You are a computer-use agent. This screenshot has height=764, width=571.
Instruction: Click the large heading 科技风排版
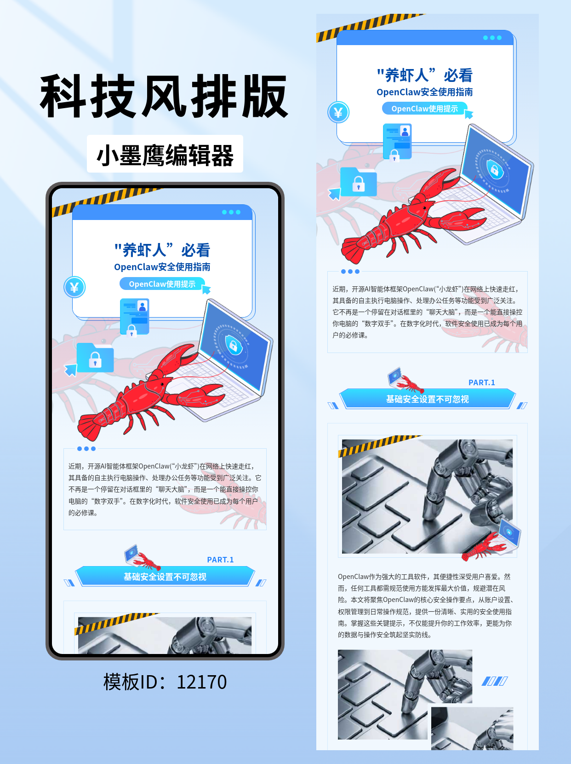pos(164,97)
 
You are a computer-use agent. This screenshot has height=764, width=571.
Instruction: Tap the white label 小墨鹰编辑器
pos(165,155)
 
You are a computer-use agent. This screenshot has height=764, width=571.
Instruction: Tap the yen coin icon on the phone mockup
pos(74,288)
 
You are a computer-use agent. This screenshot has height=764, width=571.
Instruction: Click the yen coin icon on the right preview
pos(338,112)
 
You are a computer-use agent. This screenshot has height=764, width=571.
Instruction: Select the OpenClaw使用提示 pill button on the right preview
pos(424,109)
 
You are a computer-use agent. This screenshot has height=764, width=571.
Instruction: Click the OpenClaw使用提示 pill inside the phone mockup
pos(162,284)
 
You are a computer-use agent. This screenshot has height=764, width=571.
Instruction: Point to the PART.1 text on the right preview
pos(481,382)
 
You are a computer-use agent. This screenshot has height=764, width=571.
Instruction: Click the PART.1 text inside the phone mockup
pos(220,560)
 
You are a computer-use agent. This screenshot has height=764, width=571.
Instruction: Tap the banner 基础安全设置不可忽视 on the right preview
pos(427,399)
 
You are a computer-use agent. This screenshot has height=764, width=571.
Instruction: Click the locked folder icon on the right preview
pos(358,183)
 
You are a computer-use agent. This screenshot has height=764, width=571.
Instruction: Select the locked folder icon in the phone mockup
pos(95,358)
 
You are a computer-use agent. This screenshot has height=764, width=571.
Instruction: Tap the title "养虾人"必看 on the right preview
pos(424,75)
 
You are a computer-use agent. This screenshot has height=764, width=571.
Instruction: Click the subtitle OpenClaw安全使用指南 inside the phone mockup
pos(162,267)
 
